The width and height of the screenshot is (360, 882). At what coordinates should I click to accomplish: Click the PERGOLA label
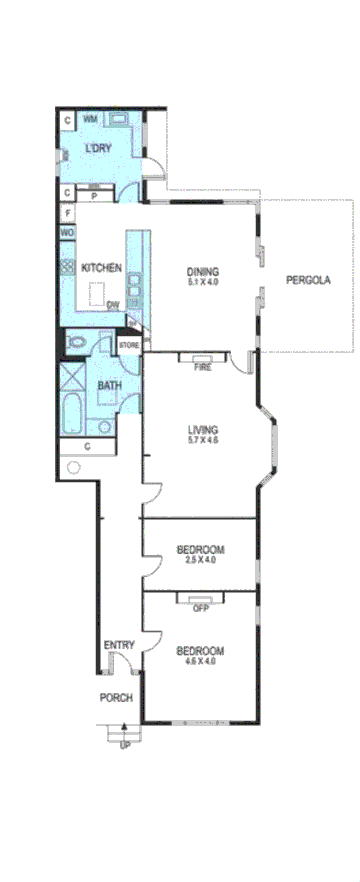[308, 280]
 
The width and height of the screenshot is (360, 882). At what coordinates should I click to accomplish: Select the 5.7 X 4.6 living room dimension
[202, 440]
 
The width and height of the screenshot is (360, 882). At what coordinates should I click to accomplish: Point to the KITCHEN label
[101, 267]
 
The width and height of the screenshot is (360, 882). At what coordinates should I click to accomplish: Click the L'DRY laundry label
[98, 149]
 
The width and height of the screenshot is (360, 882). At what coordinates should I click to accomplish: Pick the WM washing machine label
[90, 119]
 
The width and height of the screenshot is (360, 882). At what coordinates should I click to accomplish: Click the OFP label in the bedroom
[200, 607]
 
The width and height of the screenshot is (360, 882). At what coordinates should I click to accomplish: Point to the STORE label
[130, 345]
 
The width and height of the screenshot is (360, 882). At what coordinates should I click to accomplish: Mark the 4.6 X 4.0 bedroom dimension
[200, 662]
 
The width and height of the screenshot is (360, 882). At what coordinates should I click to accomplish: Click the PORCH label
[115, 698]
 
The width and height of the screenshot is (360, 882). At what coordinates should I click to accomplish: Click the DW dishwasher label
[113, 305]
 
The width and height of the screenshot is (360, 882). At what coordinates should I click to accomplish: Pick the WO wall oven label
[67, 233]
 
